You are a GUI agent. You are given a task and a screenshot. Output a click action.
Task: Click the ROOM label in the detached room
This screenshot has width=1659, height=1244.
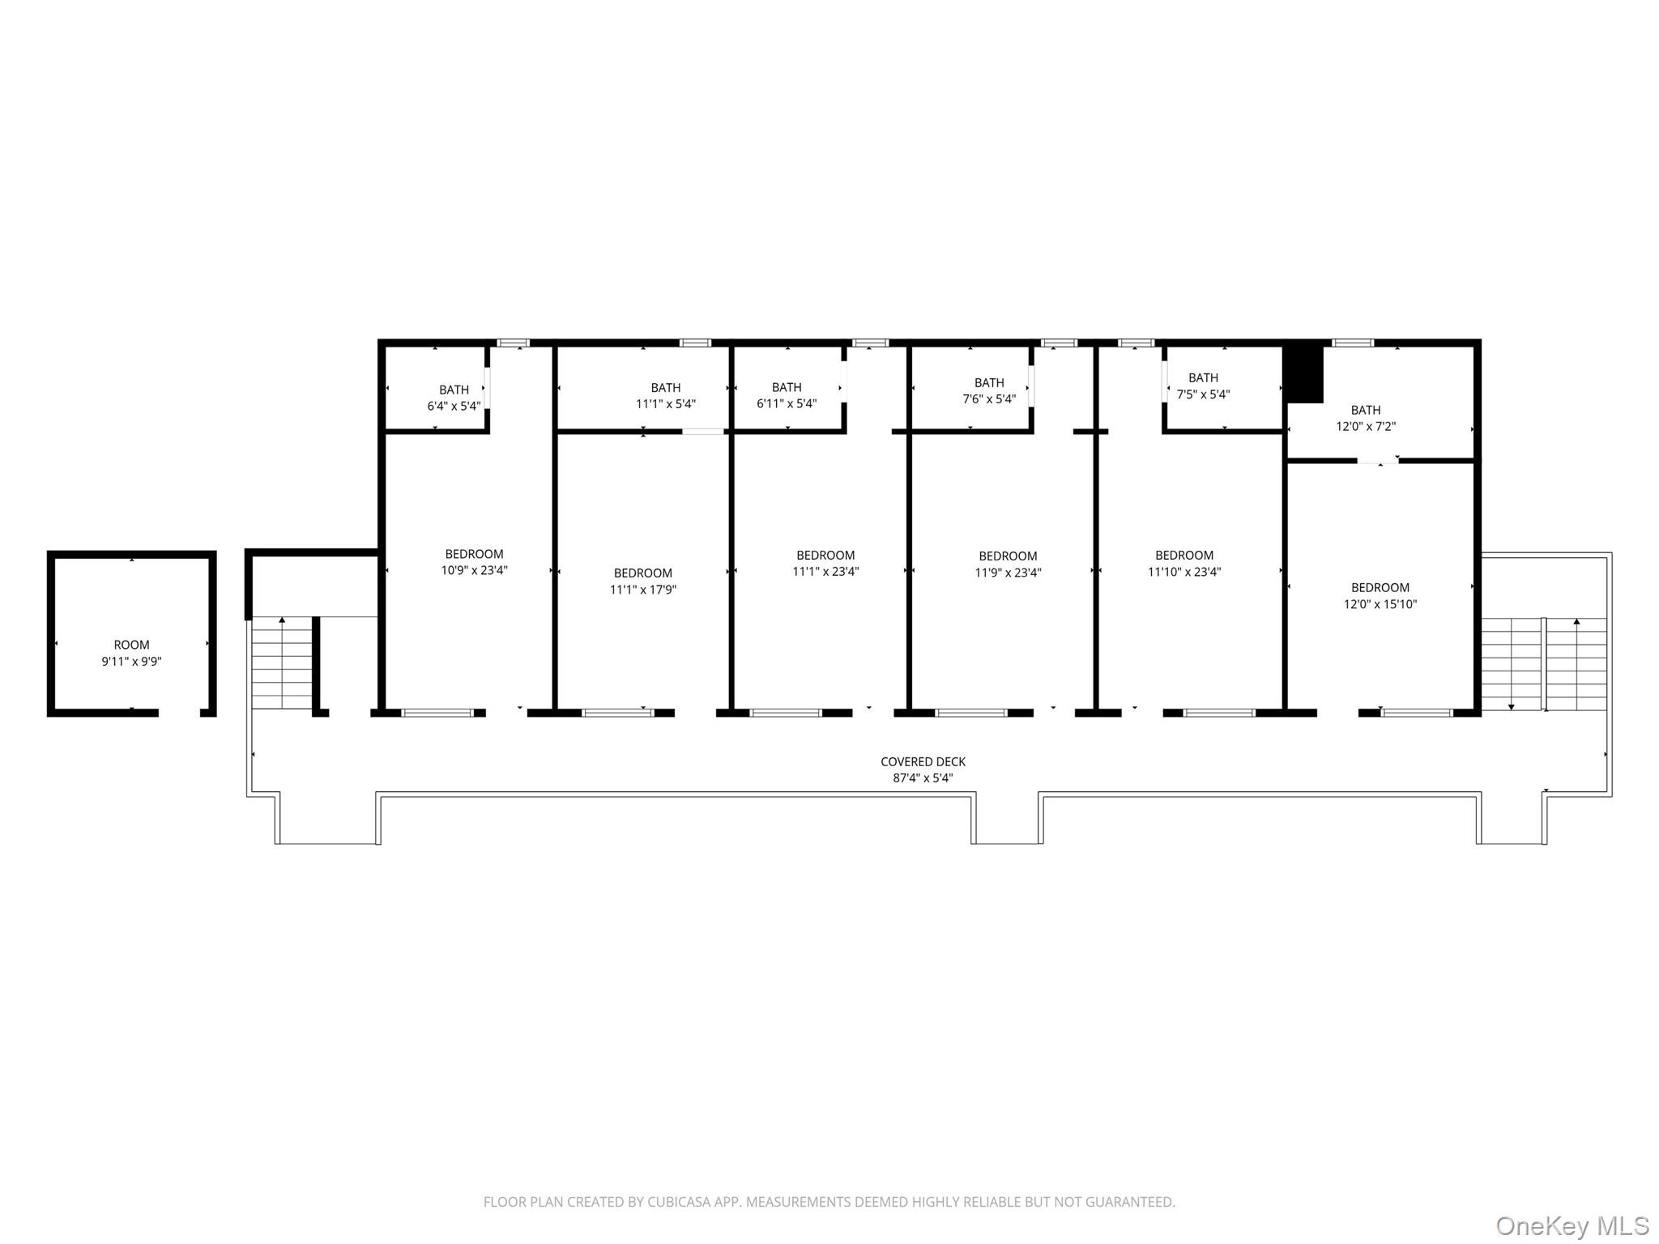[131, 645]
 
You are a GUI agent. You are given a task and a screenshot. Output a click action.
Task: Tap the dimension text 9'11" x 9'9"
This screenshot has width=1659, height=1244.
[131, 662]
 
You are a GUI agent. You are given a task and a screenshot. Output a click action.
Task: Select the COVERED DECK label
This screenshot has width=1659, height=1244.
[923, 762]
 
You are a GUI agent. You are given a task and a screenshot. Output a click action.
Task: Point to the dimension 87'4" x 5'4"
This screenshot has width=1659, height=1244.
[923, 778]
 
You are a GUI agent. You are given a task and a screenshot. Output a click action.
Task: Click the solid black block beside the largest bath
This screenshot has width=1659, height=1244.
[1305, 374]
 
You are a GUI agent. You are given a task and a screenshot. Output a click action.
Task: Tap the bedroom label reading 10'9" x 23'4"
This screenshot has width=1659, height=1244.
[474, 562]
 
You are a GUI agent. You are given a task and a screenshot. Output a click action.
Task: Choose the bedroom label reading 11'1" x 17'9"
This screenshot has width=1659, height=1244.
[642, 582]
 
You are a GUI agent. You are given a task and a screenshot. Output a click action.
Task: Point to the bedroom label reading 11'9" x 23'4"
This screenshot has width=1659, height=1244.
[1008, 564]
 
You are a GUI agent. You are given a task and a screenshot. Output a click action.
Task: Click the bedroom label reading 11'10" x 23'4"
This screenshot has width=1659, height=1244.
[1184, 564]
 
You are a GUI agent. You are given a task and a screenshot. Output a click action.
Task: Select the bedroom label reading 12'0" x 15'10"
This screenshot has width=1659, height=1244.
[1380, 596]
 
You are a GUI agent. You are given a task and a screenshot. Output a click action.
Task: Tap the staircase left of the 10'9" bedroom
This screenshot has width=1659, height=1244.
[282, 662]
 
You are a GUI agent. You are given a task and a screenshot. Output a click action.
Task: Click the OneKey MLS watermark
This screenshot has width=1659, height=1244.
[1572, 1225]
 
